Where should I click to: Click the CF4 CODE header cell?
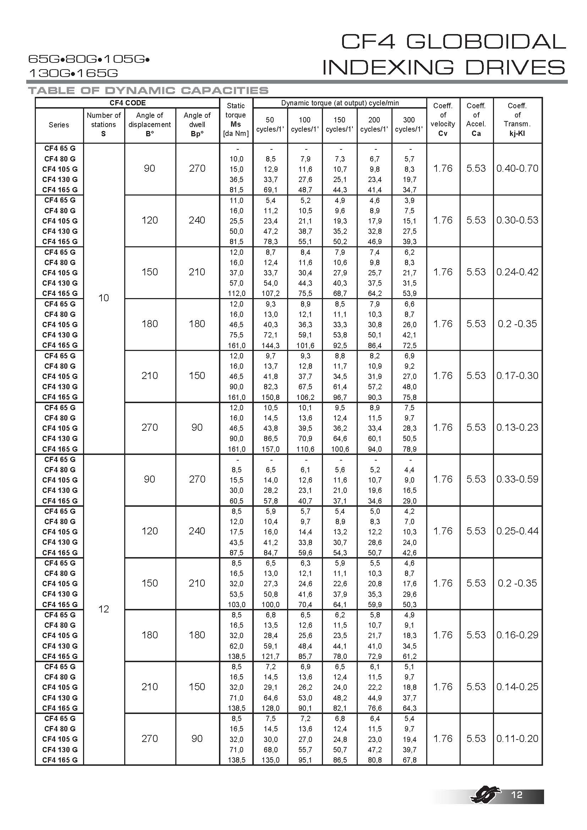click(x=127, y=103)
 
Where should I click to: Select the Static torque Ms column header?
click(x=236, y=120)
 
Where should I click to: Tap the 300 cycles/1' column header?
click(x=409, y=124)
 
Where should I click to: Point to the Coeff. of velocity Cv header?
click(x=443, y=120)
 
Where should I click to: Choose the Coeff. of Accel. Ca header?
click(x=476, y=120)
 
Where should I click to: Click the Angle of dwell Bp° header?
click(x=197, y=124)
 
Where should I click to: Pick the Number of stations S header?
click(x=104, y=124)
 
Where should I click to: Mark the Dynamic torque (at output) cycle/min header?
click(x=340, y=103)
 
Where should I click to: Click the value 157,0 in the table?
click(x=270, y=449)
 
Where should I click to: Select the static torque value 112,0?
click(x=236, y=293)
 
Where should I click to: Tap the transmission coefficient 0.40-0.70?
click(x=517, y=169)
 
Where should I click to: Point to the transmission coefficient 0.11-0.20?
click(x=517, y=738)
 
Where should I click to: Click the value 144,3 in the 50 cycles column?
click(x=270, y=346)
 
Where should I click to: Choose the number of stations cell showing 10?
click(x=104, y=298)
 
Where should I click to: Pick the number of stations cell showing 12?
click(x=104, y=609)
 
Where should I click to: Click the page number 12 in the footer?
click(x=517, y=794)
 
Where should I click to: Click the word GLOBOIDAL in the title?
click(x=486, y=42)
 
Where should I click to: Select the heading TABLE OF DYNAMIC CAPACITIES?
click(x=148, y=90)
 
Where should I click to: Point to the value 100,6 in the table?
click(x=340, y=449)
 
